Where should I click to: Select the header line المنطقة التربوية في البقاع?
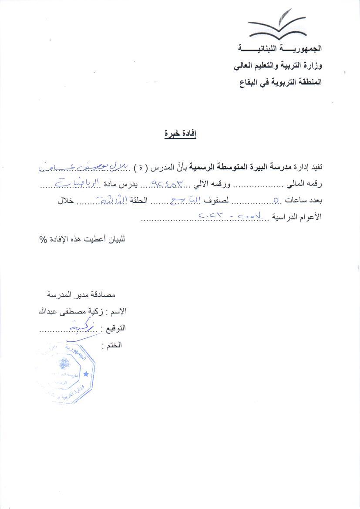point(280,81)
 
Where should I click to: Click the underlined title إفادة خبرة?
point(180,134)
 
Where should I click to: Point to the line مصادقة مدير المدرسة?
point(81,295)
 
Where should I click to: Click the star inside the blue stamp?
point(86,374)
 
